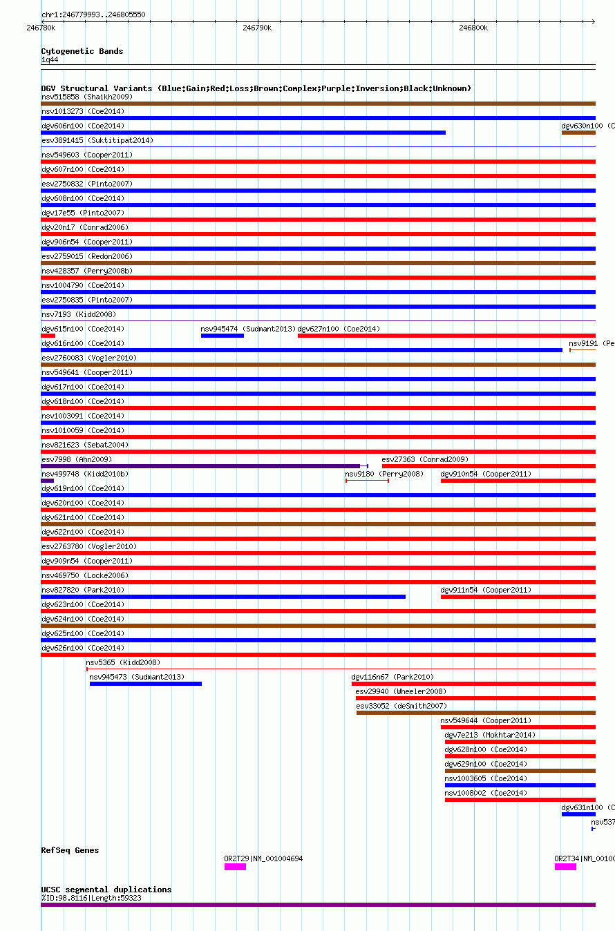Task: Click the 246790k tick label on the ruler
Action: tap(257, 28)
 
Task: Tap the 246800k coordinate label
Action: tap(473, 28)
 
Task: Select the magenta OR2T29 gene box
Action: tap(235, 867)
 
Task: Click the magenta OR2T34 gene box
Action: tap(565, 867)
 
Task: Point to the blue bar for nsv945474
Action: tap(223, 336)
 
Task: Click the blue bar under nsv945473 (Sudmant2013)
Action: tap(146, 684)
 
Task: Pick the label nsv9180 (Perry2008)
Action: tap(384, 474)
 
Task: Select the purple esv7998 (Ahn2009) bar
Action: tap(200, 466)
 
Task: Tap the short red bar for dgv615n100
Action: tap(48, 336)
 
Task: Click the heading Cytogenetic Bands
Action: tap(82, 51)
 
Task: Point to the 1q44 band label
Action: tap(50, 59)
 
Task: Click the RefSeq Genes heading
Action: tap(70, 850)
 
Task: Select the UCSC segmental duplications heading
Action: tap(106, 890)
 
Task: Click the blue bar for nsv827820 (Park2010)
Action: tap(223, 597)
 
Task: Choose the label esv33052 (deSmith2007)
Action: tap(401, 706)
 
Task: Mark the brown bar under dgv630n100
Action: tap(578, 133)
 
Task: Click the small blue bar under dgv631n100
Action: tap(578, 814)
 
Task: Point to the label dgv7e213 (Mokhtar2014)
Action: tap(490, 735)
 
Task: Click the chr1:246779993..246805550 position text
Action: tap(93, 15)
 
